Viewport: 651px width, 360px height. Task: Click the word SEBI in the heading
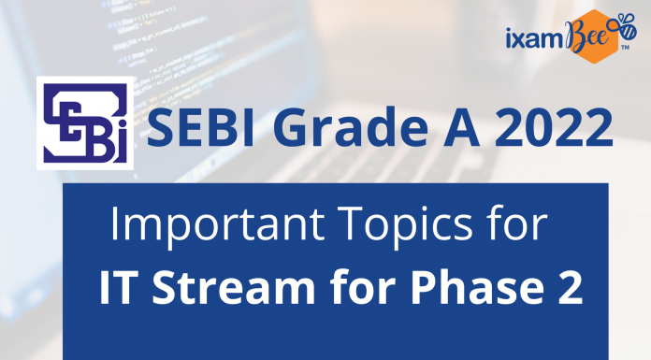[194, 127]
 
